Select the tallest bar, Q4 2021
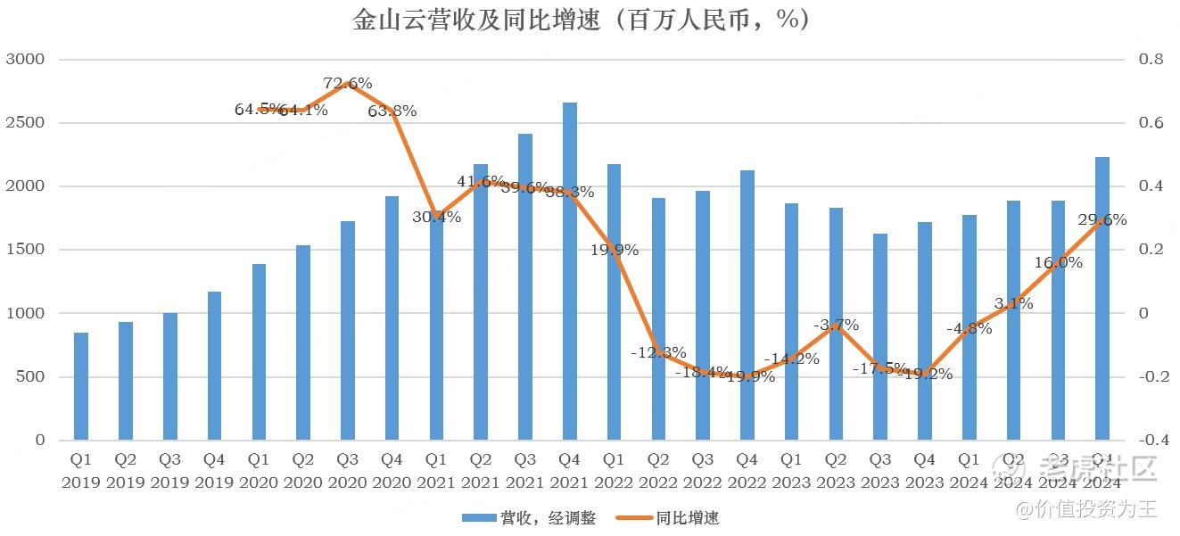(569, 271)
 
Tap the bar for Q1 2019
(81, 386)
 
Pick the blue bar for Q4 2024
(1102, 299)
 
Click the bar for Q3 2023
(879, 337)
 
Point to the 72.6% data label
(348, 84)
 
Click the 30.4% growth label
(437, 217)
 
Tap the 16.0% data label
(1059, 263)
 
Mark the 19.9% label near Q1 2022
(615, 251)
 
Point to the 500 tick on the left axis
(29, 377)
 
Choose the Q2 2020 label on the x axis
(303, 471)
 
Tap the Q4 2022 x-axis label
(747, 471)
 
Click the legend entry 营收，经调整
(528, 518)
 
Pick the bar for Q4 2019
(214, 366)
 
